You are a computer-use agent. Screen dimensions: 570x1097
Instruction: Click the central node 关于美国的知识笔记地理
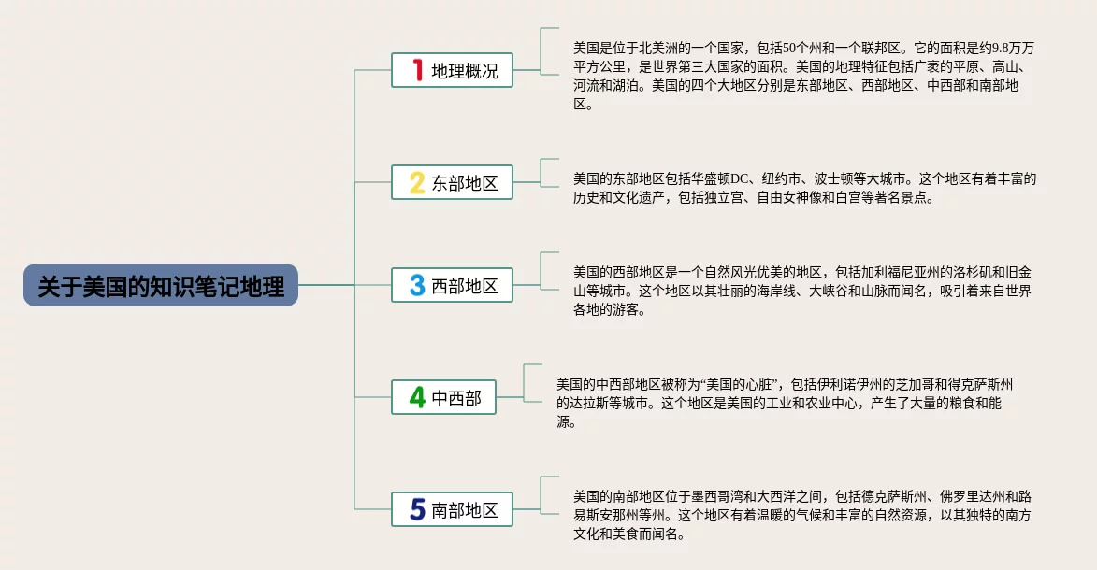160,285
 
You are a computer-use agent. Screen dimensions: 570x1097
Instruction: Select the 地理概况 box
452,70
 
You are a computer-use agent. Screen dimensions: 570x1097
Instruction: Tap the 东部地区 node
452,182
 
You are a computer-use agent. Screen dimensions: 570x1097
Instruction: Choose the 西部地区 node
452,285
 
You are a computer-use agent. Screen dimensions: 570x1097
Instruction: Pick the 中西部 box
443,397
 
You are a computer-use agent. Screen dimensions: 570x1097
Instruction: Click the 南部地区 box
452,509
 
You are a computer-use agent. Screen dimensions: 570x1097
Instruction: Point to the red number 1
418,70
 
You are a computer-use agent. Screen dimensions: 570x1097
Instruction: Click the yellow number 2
417,182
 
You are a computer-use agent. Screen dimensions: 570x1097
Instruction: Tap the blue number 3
417,285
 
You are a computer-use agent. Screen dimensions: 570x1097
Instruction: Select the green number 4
417,397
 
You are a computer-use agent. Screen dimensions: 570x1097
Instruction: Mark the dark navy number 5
417,509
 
